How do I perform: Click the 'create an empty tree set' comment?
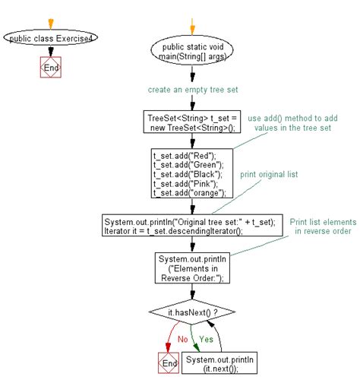click(194, 90)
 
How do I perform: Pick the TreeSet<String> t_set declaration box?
click(193, 122)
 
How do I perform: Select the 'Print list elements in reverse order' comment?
click(315, 226)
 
